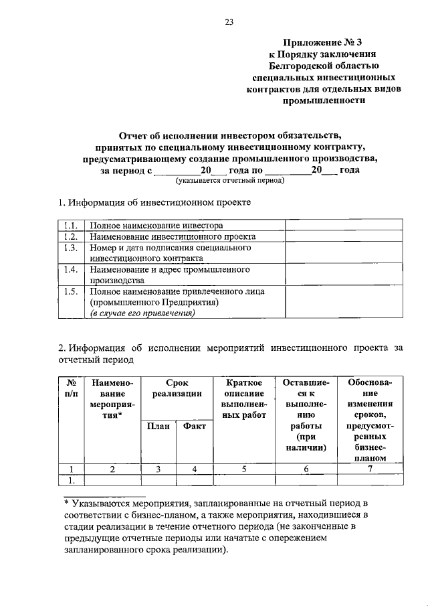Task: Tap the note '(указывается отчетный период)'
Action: pyautogui.click(x=230, y=180)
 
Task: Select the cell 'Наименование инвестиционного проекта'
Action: pyautogui.click(x=173, y=236)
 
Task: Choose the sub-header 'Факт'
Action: pyautogui.click(x=193, y=426)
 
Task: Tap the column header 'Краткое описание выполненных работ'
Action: pyautogui.click(x=243, y=398)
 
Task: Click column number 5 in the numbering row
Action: pyautogui.click(x=243, y=469)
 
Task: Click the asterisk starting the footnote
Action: pyautogui.click(x=67, y=502)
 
